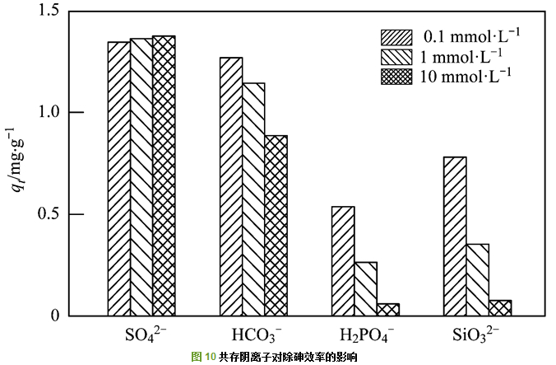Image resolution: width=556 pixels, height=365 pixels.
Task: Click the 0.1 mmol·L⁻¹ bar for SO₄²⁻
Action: click(118, 178)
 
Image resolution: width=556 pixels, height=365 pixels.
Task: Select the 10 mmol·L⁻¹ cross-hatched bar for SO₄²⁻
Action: click(164, 175)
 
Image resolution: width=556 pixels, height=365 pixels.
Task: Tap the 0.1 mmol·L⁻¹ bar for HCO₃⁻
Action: click(231, 186)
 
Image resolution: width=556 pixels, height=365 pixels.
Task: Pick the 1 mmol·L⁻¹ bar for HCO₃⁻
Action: click(253, 199)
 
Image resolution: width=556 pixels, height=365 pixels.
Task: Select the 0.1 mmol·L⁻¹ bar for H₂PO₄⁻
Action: click(343, 260)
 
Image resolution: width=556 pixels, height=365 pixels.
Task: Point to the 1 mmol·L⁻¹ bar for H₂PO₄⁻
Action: click(365, 288)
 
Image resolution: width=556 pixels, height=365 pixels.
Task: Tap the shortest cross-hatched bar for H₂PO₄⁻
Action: click(388, 309)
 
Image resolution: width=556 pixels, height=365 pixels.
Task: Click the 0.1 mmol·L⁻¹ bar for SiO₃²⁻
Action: click(455, 236)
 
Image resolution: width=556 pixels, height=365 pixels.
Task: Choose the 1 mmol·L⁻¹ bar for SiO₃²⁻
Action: click(477, 279)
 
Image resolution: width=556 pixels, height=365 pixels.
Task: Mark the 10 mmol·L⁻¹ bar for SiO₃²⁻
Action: click(499, 307)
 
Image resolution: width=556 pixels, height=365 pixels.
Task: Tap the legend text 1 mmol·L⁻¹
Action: click(462, 58)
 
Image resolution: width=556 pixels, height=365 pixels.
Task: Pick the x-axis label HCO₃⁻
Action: click(254, 336)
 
